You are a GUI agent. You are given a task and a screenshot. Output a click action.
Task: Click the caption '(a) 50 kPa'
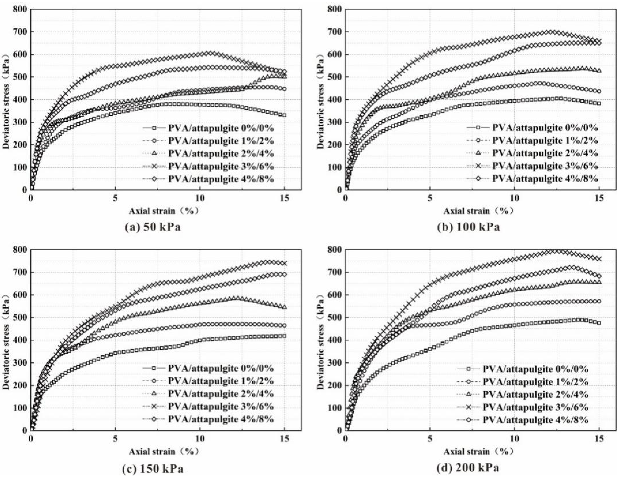tap(153, 227)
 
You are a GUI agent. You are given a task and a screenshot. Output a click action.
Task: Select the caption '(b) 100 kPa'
tap(468, 227)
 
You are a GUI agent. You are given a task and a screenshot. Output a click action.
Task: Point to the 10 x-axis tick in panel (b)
tap(514, 198)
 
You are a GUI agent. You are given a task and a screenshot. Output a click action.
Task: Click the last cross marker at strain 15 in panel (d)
tap(599, 259)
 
